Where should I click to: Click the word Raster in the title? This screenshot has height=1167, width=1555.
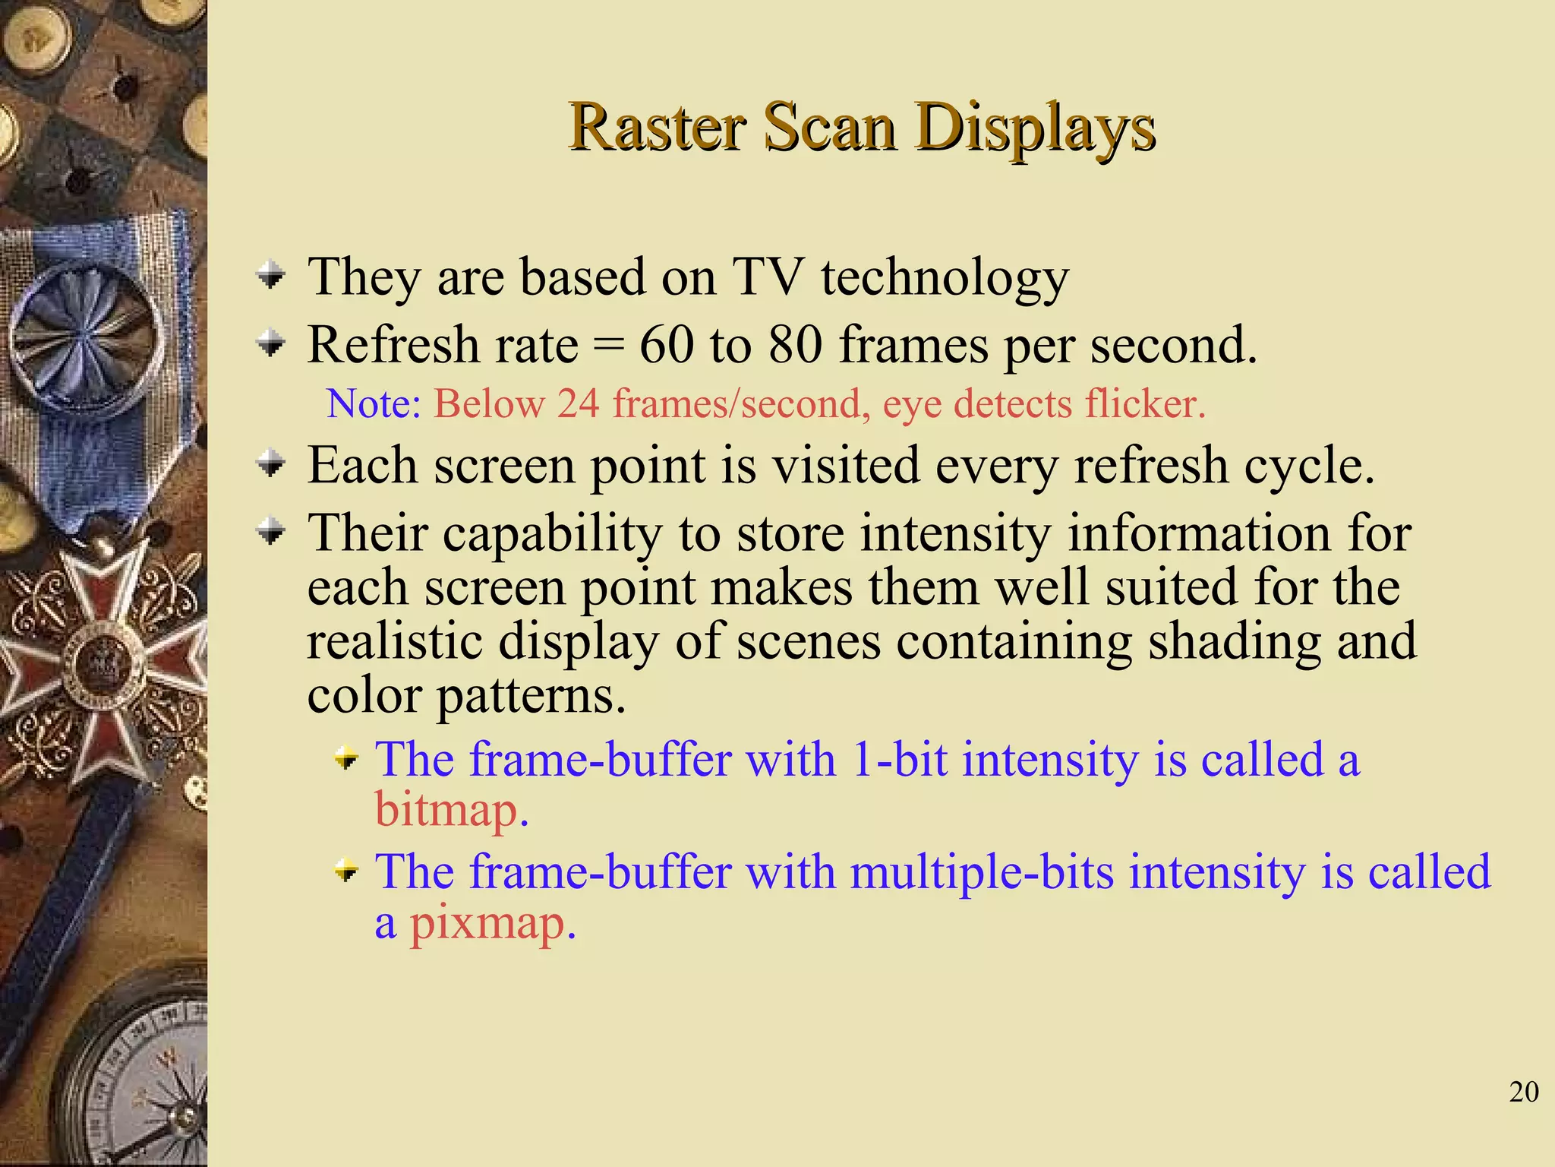pyautogui.click(x=658, y=128)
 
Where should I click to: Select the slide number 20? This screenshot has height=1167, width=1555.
pyautogui.click(x=1523, y=1092)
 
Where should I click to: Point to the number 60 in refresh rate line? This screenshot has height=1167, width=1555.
pyautogui.click(x=667, y=346)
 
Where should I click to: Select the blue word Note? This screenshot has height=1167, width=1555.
pyautogui.click(x=374, y=403)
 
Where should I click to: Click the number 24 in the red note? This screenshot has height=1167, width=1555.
pyautogui.click(x=578, y=403)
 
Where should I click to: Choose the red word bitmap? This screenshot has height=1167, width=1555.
pyautogui.click(x=451, y=810)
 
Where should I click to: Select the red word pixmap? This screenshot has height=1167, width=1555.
pyautogui.click(x=493, y=923)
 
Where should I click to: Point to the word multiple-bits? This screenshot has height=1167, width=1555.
pyautogui.click(x=981, y=871)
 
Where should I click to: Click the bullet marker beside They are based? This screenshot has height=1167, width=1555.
pyautogui.click(x=270, y=276)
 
